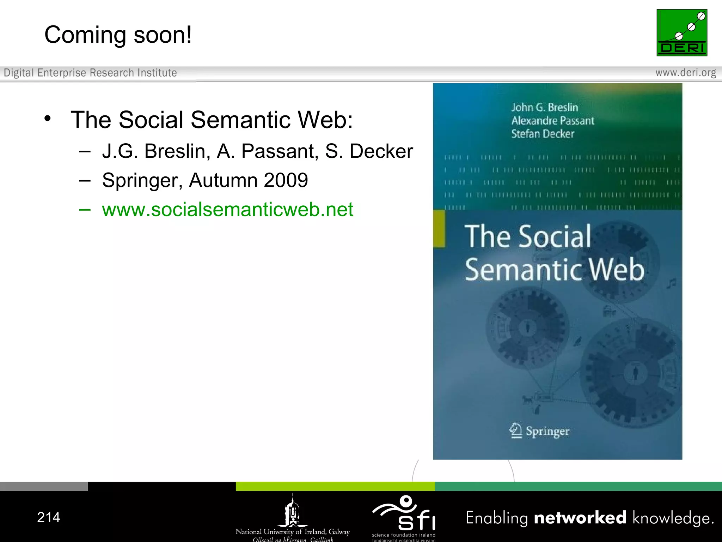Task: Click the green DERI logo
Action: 681,32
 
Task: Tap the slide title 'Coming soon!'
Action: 118,35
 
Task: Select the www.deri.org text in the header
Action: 685,73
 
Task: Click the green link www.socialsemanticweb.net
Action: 227,209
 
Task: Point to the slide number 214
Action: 49,517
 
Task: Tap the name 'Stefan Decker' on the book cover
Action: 543,134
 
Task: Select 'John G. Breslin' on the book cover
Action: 544,107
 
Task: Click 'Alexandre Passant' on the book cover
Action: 552,121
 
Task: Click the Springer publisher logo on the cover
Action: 539,431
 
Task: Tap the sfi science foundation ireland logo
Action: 404,516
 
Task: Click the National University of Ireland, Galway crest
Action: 292,511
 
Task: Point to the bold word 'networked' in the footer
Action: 580,518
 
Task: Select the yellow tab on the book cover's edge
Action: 439,228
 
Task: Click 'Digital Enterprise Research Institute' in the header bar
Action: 90,73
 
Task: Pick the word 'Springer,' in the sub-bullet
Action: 142,180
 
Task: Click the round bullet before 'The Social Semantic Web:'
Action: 48,119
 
